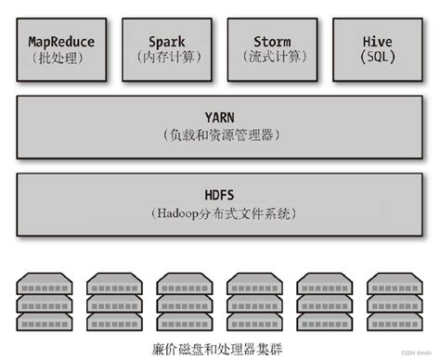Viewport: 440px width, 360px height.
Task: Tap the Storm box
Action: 272,49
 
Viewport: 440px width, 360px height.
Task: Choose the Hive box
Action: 376,49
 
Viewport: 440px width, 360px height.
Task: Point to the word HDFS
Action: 220,196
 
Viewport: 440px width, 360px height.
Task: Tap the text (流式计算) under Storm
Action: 272,58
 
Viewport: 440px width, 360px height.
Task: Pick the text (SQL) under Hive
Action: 376,58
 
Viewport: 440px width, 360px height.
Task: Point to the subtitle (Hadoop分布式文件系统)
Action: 220,213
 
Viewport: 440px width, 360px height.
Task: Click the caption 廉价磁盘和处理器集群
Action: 220,348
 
